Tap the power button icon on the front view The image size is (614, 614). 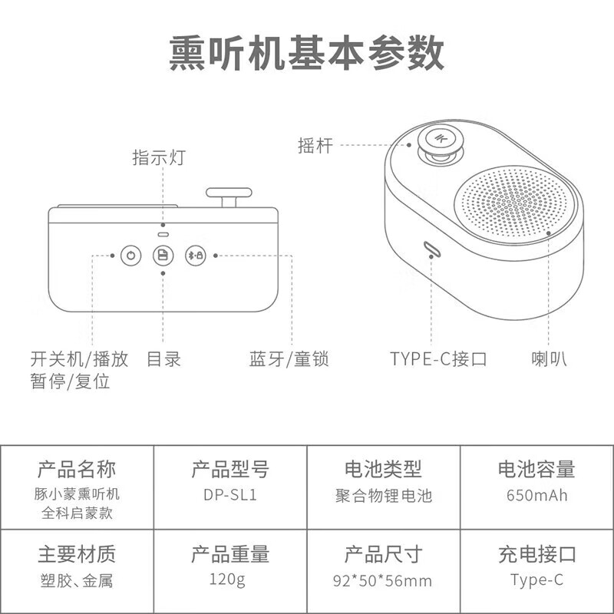point(131,255)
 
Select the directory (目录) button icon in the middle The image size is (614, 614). point(163,255)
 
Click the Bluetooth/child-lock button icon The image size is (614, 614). point(195,255)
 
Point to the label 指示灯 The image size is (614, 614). point(159,158)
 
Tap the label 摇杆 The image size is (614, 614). point(315,145)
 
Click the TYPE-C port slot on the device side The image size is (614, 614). point(431,249)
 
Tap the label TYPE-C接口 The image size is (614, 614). point(438,358)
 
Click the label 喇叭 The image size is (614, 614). point(550,358)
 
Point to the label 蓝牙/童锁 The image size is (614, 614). point(289,358)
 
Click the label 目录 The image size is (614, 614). point(163,358)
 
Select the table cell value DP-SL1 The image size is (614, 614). point(229,496)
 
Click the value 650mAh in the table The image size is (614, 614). point(536,496)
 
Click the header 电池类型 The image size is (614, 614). point(384,469)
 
